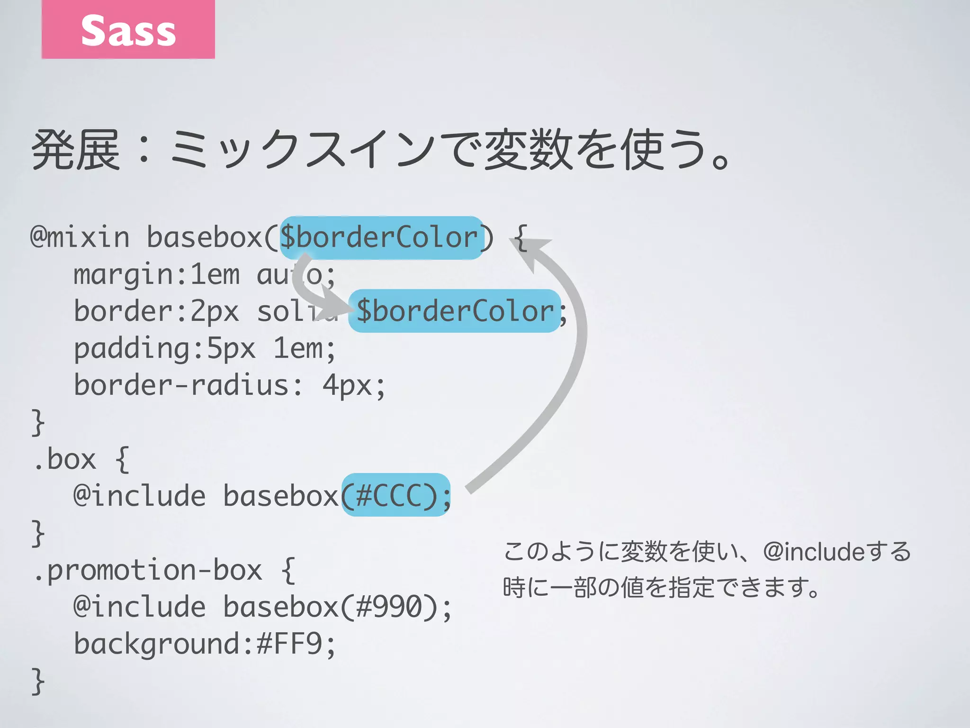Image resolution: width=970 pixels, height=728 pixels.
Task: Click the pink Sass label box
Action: point(128,29)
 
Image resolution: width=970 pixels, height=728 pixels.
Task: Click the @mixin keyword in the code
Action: point(80,237)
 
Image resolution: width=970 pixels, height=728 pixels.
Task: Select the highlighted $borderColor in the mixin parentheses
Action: point(381,237)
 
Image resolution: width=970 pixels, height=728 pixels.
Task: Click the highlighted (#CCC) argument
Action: point(395,495)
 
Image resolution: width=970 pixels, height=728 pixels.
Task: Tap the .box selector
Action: point(64,459)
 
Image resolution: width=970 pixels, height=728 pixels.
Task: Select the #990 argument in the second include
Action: point(388,607)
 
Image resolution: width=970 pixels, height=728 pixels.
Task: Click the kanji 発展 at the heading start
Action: point(76,150)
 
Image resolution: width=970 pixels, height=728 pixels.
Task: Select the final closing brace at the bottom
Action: point(38,681)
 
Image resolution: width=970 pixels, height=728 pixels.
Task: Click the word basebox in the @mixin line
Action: point(205,237)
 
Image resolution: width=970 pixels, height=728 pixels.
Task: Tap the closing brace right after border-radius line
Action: point(38,422)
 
